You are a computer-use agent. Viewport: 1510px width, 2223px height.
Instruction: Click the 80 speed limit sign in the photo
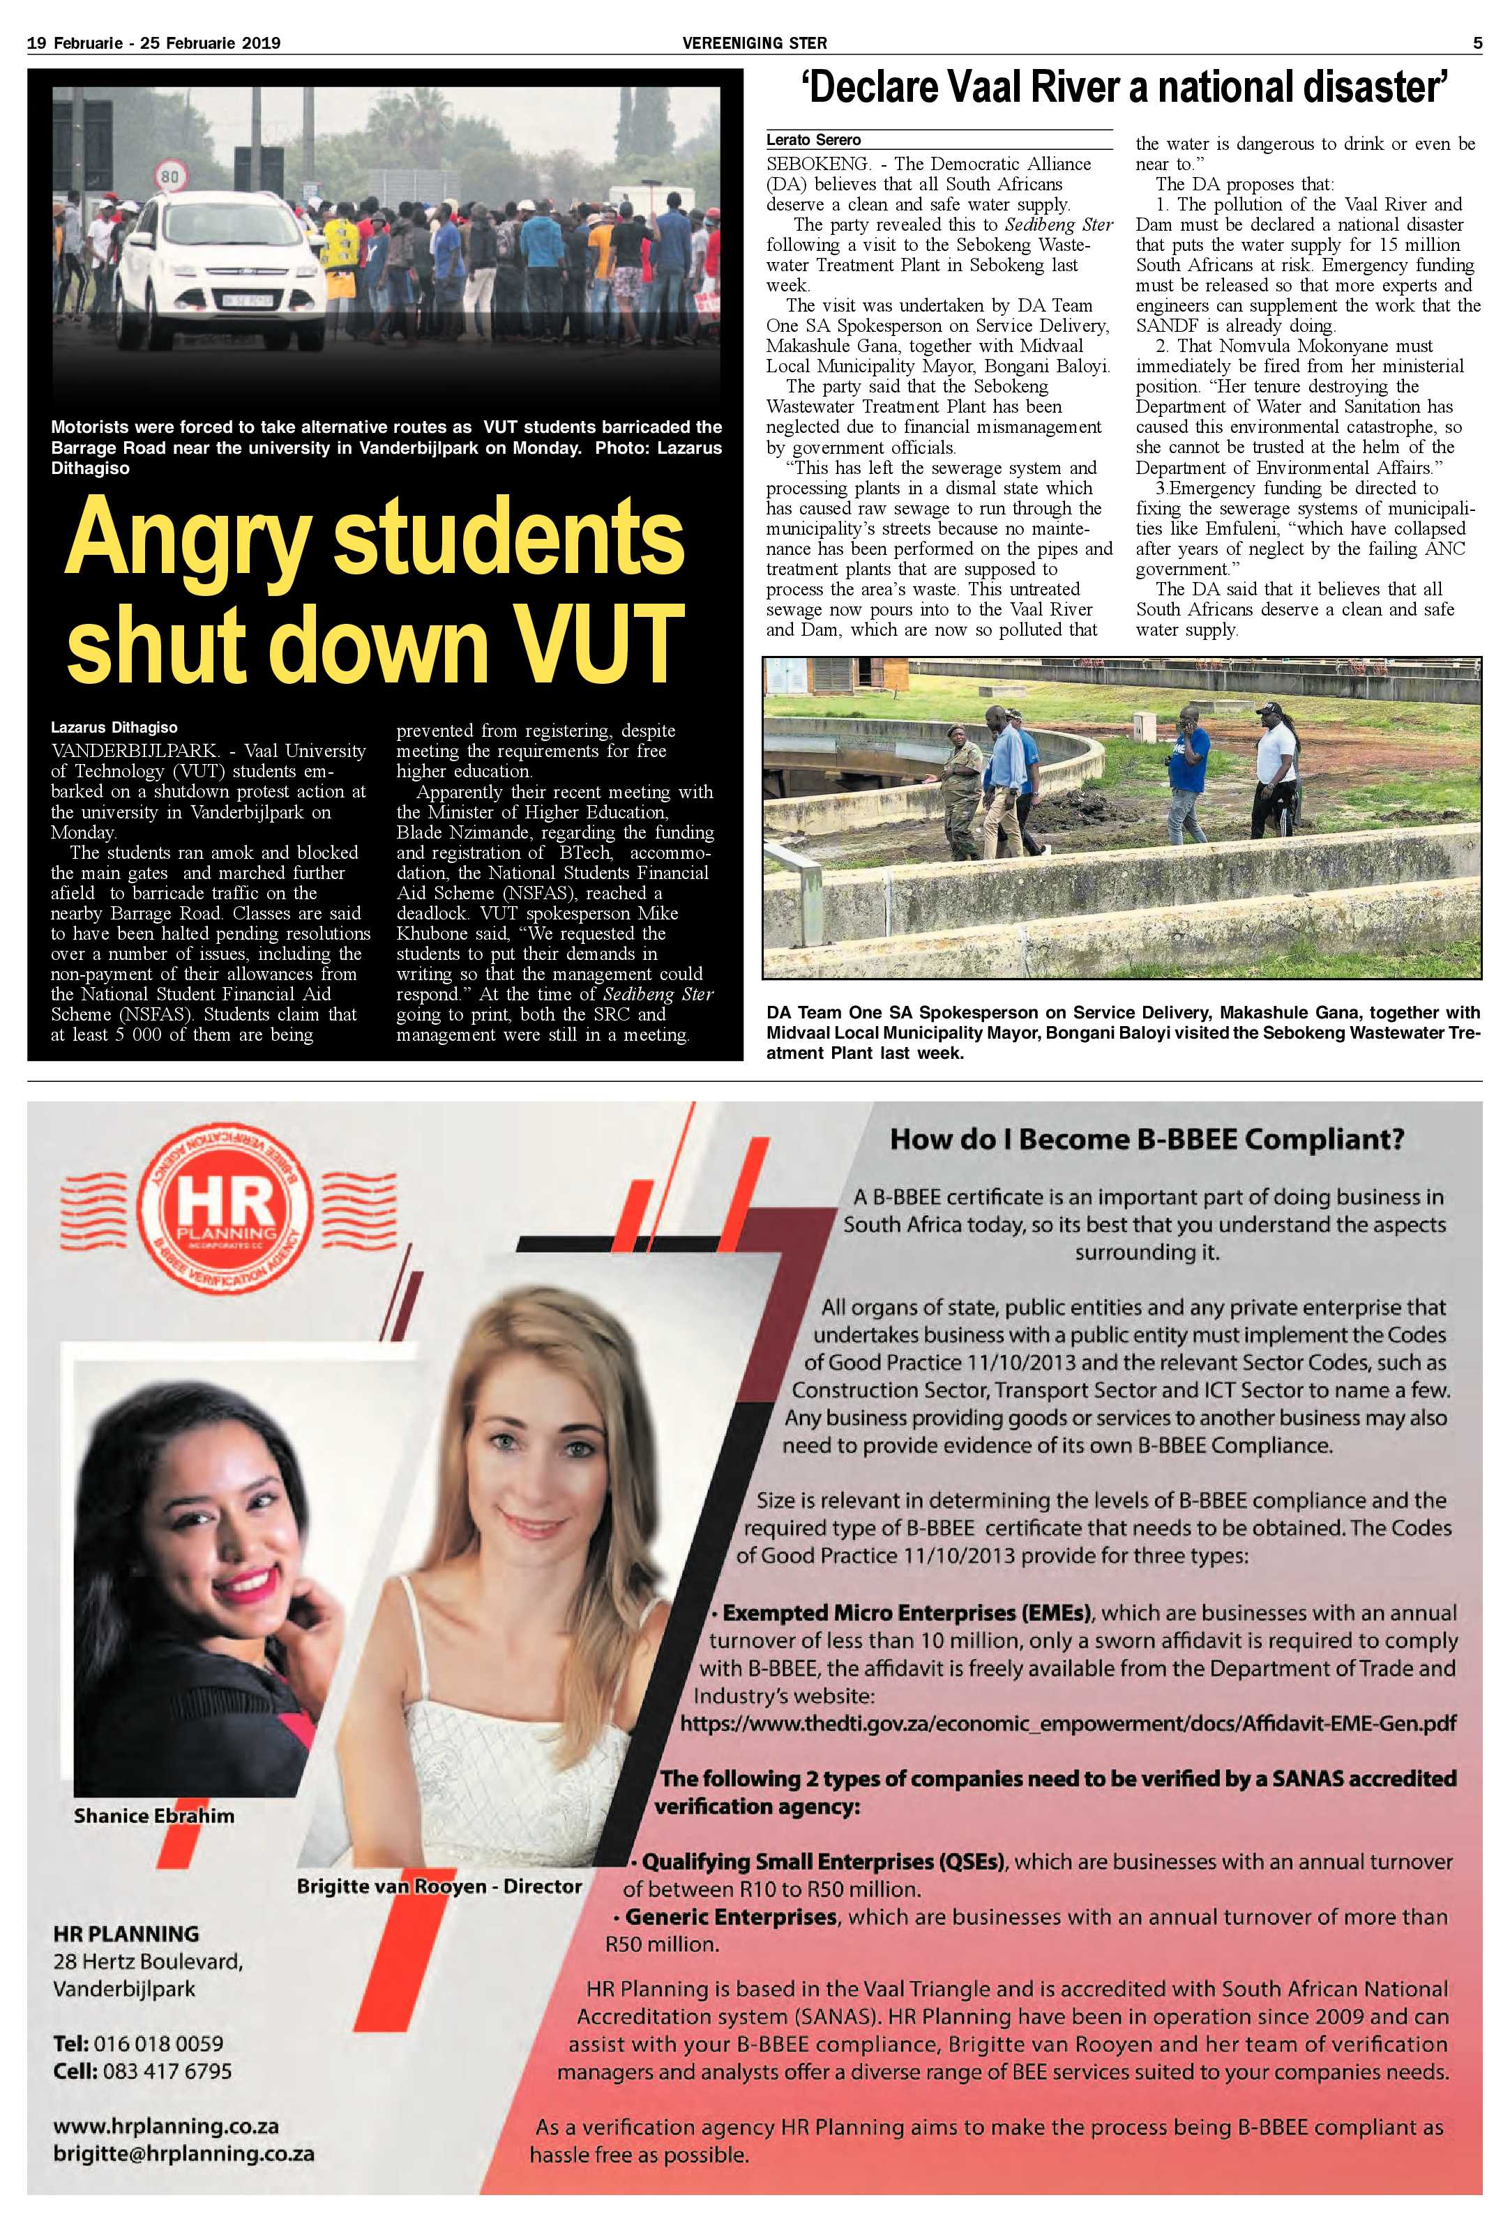point(169,176)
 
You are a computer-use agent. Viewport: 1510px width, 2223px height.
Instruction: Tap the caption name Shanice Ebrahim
point(153,1815)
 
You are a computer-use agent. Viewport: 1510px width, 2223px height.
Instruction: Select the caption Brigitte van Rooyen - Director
point(438,1886)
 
